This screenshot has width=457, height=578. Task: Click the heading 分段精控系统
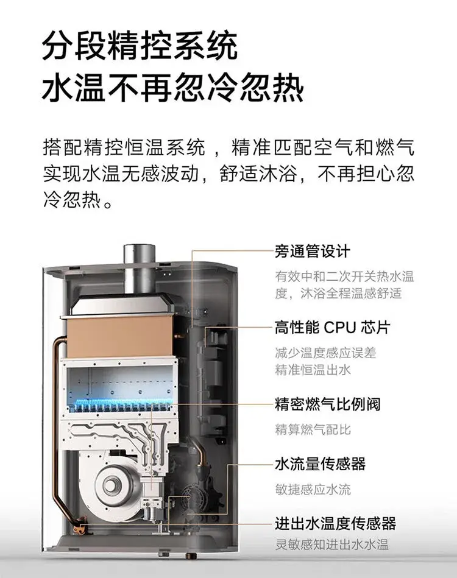(x=140, y=46)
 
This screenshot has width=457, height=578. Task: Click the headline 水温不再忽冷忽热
(x=172, y=88)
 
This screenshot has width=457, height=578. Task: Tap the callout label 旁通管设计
(x=312, y=252)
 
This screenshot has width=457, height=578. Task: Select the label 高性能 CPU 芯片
(x=332, y=327)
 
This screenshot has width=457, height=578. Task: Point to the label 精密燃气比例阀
(x=327, y=404)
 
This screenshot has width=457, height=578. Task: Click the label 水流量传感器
(x=320, y=463)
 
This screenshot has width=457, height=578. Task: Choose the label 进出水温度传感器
(x=335, y=523)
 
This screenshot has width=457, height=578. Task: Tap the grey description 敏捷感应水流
(x=313, y=490)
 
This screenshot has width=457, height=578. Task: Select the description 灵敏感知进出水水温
(x=331, y=545)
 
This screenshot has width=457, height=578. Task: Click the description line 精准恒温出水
(x=313, y=370)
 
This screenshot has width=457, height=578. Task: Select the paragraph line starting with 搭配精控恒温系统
(x=228, y=148)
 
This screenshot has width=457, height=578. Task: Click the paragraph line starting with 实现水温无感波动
(x=228, y=174)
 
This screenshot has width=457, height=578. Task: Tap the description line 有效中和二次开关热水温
(x=344, y=277)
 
